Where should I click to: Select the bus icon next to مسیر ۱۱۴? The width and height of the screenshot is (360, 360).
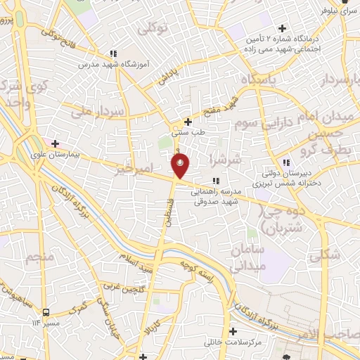click(x=46, y=311)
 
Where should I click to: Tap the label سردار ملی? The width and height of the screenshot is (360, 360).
click(x=98, y=111)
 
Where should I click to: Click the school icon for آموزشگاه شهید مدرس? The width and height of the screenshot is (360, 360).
click(x=112, y=53)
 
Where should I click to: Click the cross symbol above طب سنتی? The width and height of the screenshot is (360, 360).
click(x=186, y=120)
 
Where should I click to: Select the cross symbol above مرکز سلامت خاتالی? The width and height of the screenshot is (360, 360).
click(x=233, y=330)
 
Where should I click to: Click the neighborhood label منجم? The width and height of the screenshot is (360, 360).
click(x=41, y=257)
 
